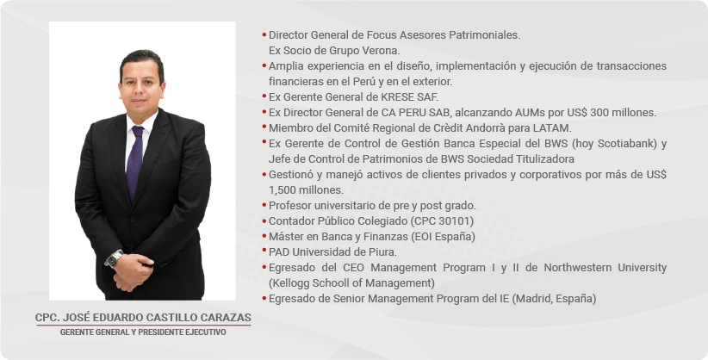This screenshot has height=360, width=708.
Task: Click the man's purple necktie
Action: coord(134,161)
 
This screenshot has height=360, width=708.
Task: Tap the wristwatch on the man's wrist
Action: coord(115,258)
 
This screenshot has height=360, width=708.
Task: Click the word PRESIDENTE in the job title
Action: coord(161,332)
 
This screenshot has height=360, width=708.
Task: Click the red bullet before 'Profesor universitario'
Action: coord(264,205)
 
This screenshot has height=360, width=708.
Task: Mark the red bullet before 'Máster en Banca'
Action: coord(264,236)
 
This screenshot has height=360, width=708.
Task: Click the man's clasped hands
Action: coord(132,272)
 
